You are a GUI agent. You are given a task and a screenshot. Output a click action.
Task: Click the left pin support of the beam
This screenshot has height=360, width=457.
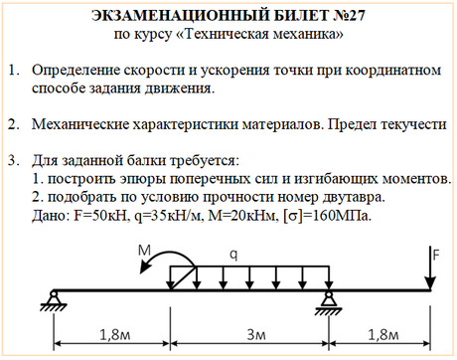coord(53,298)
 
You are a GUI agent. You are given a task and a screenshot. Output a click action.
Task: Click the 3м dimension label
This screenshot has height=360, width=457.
coord(248,333)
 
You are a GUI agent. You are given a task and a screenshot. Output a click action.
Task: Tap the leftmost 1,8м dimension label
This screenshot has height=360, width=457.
coord(109,333)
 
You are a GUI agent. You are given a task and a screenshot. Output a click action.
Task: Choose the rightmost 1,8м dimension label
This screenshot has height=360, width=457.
coord(383,333)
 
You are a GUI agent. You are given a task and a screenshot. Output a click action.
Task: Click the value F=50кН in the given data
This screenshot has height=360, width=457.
coord(96,214)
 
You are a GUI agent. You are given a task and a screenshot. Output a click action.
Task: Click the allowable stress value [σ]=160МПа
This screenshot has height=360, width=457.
coord(327,214)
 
